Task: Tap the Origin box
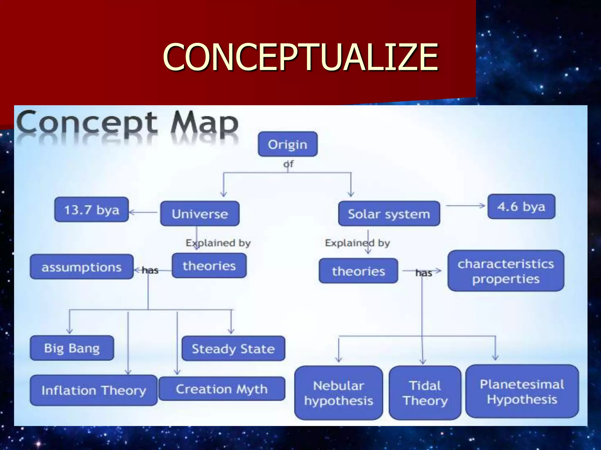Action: [288, 144]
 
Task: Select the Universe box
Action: [200, 214]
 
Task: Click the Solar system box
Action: [389, 214]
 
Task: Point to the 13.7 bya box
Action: [92, 209]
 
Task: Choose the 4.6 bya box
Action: [521, 207]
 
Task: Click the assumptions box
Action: [82, 267]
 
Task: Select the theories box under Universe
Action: [209, 266]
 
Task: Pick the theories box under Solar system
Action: [358, 271]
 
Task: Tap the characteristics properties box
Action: [506, 271]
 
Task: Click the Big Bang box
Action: [72, 348]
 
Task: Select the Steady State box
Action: [233, 348]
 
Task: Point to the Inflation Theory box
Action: [94, 390]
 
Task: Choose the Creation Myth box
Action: [222, 389]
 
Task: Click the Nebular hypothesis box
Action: [339, 393]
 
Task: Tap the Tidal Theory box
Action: [425, 393]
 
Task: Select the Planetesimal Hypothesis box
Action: [522, 391]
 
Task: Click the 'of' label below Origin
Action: [288, 164]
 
